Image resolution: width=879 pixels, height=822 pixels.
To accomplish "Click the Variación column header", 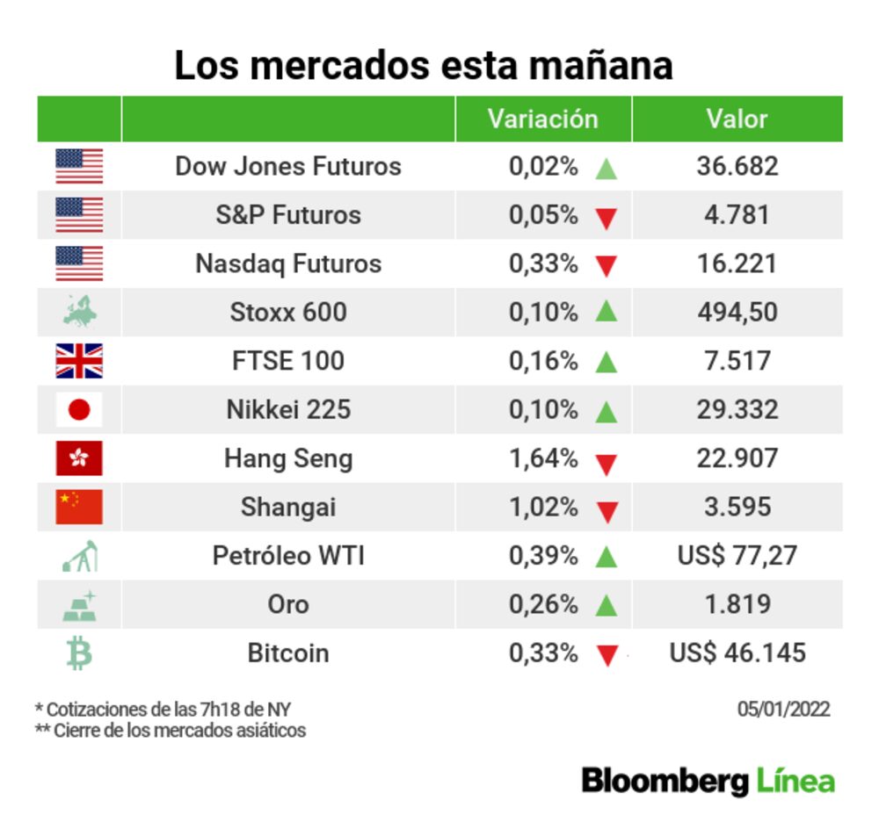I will coord(542,119).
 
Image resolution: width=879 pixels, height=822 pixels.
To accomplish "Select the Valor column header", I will coord(737,119).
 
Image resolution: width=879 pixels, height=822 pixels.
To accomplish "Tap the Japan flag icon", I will coord(79,409).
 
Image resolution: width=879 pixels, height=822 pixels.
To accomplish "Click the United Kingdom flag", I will coord(79,361).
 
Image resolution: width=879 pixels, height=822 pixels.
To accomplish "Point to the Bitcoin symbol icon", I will coord(79,653).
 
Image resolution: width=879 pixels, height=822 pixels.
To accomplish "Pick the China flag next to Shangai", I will coord(79,507).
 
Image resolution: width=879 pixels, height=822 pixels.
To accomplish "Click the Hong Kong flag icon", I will coord(79,458).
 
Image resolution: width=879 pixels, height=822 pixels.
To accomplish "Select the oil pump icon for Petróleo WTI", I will coord(80,556).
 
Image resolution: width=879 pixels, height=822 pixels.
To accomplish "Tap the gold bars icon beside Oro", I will coord(80,605).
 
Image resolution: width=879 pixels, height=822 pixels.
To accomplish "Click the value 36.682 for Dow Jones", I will coord(737,166).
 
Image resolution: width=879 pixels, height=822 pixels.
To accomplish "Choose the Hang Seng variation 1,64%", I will coord(543,458).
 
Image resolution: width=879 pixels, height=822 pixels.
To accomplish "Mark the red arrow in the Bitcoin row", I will coord(606,655).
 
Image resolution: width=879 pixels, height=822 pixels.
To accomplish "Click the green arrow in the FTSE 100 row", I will coord(606,361).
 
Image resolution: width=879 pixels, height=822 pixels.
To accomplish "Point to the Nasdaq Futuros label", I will coord(288,263).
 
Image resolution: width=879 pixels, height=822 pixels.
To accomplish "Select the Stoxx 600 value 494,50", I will coord(737,312).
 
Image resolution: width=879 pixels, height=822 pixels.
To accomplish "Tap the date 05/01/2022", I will coord(783,710).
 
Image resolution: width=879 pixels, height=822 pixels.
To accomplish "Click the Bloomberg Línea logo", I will coord(708,781).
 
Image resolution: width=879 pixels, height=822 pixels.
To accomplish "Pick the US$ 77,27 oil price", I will coord(737,556).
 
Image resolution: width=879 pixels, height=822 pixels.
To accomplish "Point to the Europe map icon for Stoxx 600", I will coord(80,312).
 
